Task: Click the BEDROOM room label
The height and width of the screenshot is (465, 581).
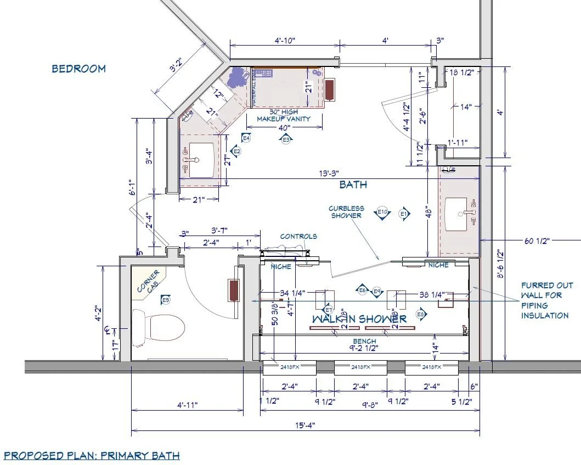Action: (78, 69)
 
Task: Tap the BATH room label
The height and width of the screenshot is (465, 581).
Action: (353, 184)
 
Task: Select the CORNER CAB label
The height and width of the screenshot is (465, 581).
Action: (148, 281)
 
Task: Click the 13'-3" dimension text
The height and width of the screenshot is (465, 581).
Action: (329, 172)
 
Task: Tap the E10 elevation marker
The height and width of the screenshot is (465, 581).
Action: (382, 212)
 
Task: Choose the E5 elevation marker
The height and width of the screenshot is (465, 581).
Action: (165, 299)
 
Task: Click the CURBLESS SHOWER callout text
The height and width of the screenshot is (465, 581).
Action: (346, 212)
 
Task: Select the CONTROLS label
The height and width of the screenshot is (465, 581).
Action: (298, 237)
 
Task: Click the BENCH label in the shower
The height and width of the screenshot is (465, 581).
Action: (365, 341)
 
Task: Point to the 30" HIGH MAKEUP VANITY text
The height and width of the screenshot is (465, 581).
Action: (284, 115)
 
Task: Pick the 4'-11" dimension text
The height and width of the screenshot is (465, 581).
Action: (187, 405)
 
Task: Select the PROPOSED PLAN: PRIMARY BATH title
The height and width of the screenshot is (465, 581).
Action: (92, 455)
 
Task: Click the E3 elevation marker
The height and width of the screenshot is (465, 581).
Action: (286, 140)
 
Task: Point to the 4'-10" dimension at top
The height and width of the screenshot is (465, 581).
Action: (285, 40)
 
